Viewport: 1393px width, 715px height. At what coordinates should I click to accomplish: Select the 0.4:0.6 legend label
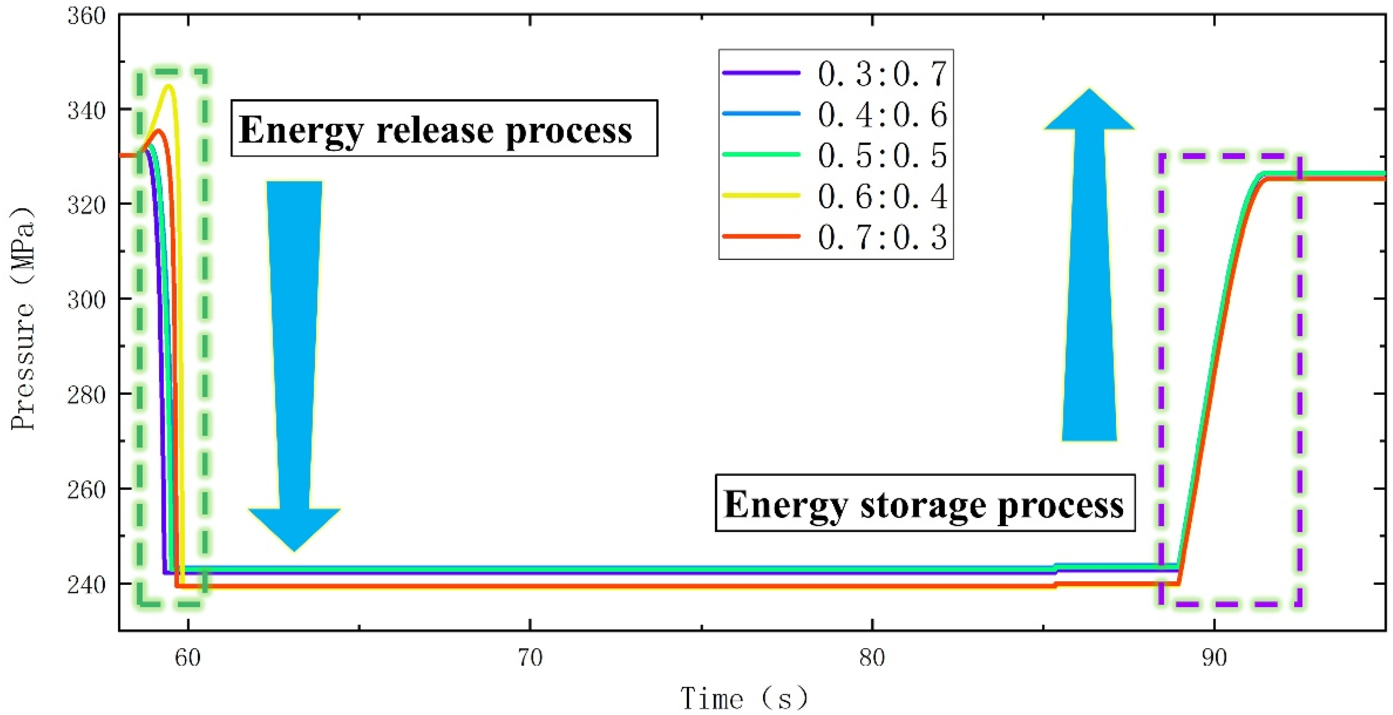[x=881, y=115]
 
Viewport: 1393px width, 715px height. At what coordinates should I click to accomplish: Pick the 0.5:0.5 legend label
[x=881, y=155]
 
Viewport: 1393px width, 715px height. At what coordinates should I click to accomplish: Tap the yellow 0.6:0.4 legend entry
[x=881, y=196]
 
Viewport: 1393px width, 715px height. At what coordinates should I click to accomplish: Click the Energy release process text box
[x=444, y=129]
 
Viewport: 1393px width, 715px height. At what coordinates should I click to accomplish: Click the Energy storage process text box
[x=925, y=503]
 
